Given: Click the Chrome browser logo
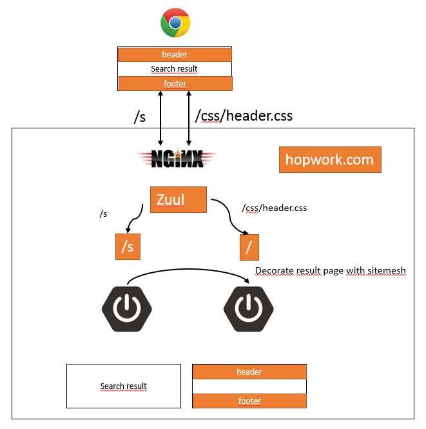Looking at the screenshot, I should pos(175,24).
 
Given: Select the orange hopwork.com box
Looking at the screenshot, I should pos(330,160).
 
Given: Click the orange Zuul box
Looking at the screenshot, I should pos(178,200).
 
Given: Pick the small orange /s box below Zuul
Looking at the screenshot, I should pos(128,247).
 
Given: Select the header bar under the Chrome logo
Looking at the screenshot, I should pos(175,54).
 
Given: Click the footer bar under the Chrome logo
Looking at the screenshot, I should pos(175,83).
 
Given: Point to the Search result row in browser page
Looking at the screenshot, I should pos(175,69).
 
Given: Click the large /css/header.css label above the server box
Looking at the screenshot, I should pos(244,116).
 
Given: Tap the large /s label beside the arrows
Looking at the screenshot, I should pos(140,116).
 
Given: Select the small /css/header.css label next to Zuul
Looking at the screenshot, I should pos(274,208).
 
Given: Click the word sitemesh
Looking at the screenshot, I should pos(387,271).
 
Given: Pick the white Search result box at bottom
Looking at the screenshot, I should pos(124,386).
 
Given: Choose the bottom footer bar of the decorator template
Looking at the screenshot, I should pos(249,401).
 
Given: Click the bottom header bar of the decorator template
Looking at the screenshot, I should pos(249,372).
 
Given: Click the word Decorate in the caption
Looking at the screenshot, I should pos(274,271).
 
